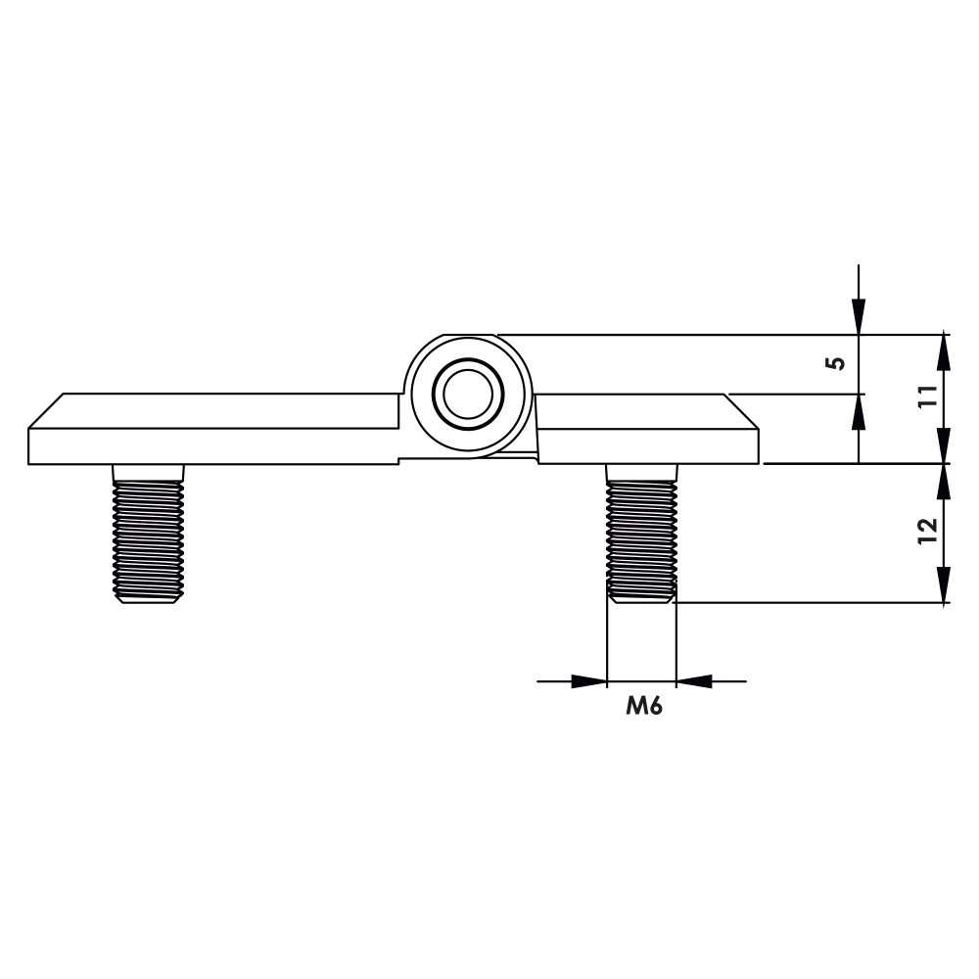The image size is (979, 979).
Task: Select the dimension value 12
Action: pyautogui.click(x=928, y=531)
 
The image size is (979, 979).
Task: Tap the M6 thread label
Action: pyautogui.click(x=644, y=706)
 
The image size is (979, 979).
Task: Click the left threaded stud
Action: pyautogui.click(x=148, y=534)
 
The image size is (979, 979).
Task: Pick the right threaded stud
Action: pyautogui.click(x=642, y=534)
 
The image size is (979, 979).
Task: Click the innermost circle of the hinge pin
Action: pyautogui.click(x=468, y=394)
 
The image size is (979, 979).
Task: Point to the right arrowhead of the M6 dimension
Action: pyautogui.click(x=694, y=681)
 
